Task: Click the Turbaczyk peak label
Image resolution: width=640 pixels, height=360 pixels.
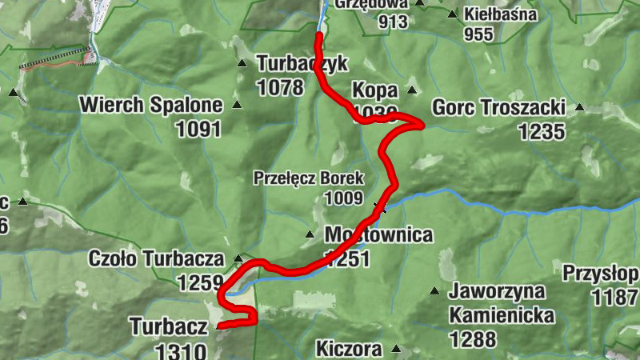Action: click(x=291, y=62)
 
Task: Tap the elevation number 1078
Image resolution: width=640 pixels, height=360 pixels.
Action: click(x=280, y=86)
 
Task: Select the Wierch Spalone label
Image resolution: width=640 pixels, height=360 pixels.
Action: click(x=150, y=105)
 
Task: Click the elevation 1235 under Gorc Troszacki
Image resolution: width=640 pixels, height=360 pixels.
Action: click(x=542, y=131)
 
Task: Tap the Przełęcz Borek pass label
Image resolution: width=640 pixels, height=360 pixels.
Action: click(x=309, y=178)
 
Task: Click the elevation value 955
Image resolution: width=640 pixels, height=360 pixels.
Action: click(x=478, y=34)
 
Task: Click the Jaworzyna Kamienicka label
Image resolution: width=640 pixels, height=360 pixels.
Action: click(x=502, y=303)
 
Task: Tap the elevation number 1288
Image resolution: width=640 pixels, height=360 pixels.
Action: click(x=472, y=339)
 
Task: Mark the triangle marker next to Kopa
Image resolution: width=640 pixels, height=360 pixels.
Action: click(x=412, y=89)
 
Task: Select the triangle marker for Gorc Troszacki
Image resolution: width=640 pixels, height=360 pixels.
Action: click(x=580, y=107)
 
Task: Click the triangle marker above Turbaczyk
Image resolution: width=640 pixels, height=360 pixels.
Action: click(x=242, y=63)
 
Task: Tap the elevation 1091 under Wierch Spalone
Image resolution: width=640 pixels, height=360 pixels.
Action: click(x=194, y=128)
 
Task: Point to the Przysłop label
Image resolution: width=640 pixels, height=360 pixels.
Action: click(x=600, y=274)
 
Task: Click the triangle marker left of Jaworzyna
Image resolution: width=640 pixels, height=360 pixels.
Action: click(x=434, y=290)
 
